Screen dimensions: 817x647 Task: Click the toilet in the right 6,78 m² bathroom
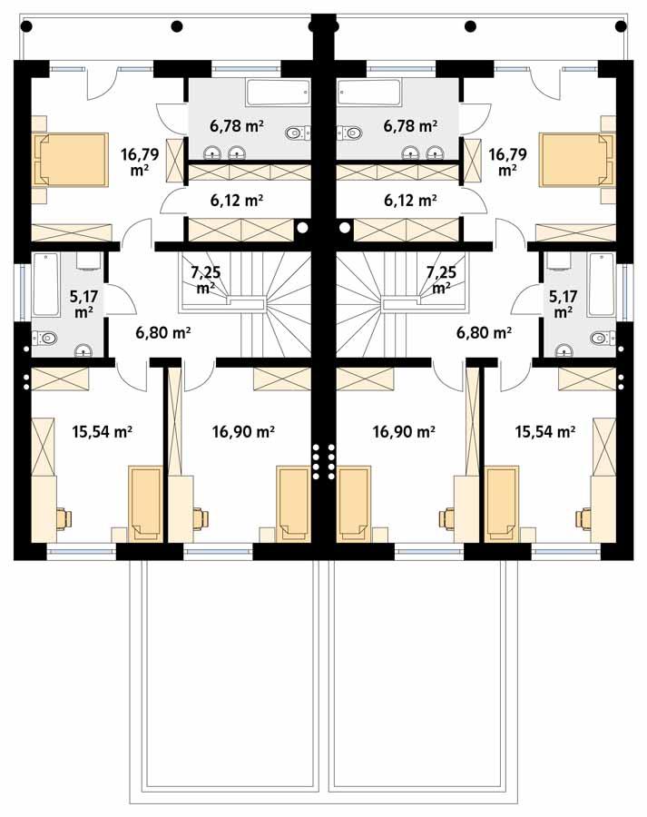pyautogui.click(x=350, y=133)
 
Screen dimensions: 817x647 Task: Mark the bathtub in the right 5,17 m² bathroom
pyautogui.click(x=601, y=283)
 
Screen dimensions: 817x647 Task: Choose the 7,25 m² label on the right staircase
pyautogui.click(x=440, y=279)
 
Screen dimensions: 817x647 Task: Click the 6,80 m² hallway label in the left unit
pyautogui.click(x=163, y=333)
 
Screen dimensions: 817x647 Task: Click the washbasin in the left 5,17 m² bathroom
pyautogui.click(x=83, y=349)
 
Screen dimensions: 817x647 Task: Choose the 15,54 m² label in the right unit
pyautogui.click(x=544, y=431)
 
